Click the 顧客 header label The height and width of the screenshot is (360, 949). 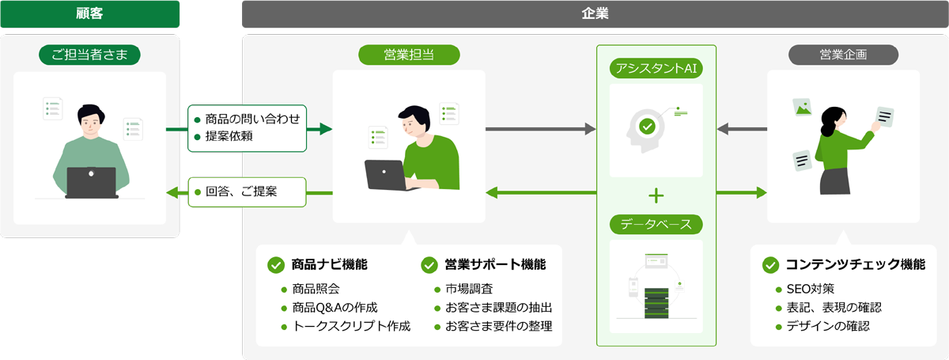[x=89, y=13]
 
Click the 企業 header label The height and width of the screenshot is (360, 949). [x=595, y=13]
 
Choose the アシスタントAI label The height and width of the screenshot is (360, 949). [x=656, y=69]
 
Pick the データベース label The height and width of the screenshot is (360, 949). [x=656, y=224]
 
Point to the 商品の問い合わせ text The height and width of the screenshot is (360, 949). [x=252, y=119]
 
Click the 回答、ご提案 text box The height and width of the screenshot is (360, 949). [x=247, y=191]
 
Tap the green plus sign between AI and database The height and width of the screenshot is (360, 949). [x=656, y=195]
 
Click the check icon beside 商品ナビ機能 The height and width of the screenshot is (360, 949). [x=276, y=264]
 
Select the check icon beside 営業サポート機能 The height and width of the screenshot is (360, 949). [x=429, y=264]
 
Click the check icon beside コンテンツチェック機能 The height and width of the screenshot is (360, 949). [x=769, y=264]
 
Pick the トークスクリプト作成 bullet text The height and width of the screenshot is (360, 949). [x=350, y=326]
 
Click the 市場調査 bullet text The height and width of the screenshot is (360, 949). [x=469, y=288]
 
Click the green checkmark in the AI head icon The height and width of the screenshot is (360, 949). [x=647, y=125]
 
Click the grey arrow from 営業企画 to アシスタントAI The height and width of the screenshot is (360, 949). [x=742, y=128]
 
